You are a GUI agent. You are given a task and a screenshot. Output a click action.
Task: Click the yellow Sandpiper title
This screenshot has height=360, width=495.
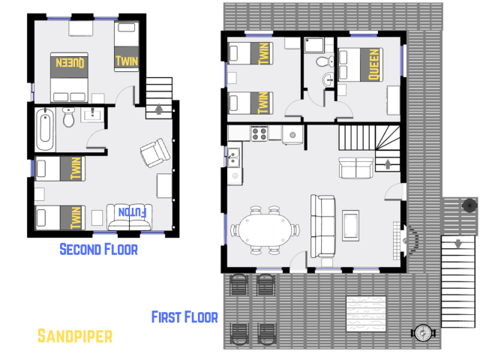74,335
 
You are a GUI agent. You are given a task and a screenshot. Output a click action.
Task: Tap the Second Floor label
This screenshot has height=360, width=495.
98,249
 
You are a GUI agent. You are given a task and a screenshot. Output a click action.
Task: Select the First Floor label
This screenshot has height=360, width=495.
184,316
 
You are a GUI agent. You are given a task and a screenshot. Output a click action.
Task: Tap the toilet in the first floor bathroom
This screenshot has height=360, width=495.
324,61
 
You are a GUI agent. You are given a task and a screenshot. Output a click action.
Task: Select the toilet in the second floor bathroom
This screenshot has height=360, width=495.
69,118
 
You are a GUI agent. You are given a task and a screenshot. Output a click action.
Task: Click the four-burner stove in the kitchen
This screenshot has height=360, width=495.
259,133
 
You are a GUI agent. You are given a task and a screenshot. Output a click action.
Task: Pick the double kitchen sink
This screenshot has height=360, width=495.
232,157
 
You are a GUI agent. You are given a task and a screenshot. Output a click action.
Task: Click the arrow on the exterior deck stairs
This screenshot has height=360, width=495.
457,243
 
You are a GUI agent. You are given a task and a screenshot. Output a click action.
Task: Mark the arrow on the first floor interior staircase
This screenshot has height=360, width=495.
387,162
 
